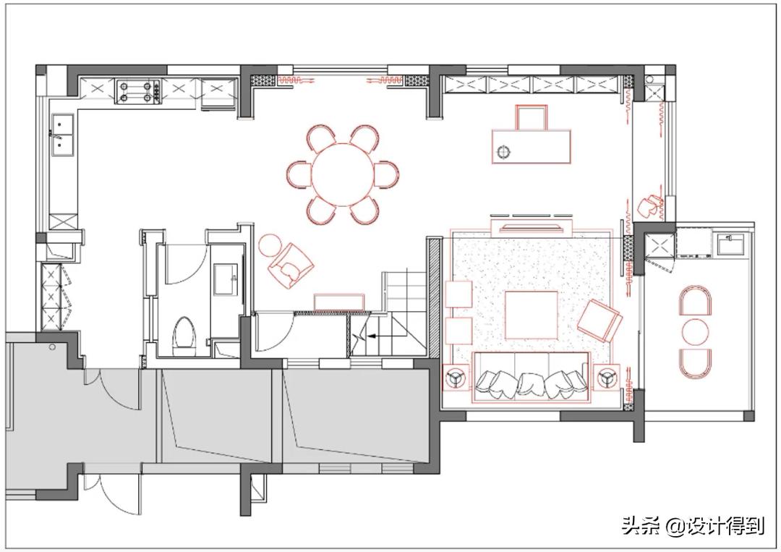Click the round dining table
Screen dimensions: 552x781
tap(343, 174)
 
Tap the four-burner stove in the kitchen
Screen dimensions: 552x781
tap(138, 90)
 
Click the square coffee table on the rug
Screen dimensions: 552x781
tap(531, 315)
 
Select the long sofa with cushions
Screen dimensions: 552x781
tap(532, 376)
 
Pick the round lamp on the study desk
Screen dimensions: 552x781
tap(504, 152)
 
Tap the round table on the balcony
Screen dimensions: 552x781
tap(696, 331)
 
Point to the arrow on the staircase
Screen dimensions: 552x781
tap(369, 336)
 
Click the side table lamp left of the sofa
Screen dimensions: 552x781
tap(456, 377)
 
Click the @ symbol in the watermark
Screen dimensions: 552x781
tap(674, 526)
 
